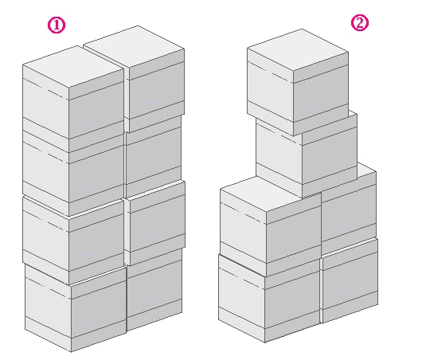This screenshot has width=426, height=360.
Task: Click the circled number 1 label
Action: click(57, 25)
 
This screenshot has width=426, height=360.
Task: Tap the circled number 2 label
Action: click(360, 23)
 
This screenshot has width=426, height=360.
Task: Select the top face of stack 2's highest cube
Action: click(298, 49)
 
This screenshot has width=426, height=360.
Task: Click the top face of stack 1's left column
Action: click(73, 67)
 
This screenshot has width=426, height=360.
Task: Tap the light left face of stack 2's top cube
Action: click(270, 91)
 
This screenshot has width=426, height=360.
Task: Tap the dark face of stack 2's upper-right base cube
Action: click(349, 214)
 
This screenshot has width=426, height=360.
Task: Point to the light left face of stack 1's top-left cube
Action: click(45, 102)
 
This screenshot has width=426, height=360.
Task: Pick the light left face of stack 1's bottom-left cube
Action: click(49, 307)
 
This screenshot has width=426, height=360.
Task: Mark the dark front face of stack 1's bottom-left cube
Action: click(99, 309)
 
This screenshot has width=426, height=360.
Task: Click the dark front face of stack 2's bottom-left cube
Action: click(292, 300)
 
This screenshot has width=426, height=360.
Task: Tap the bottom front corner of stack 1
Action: click(71, 352)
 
